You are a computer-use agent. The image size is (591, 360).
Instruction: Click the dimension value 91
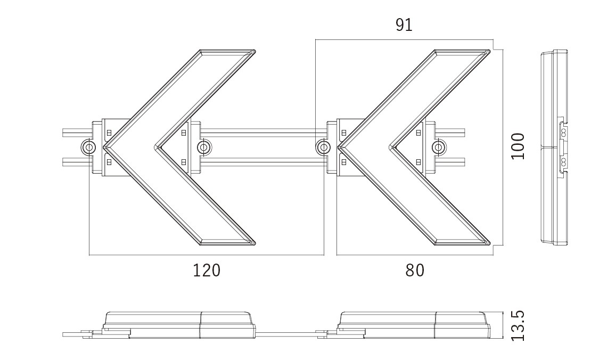pyautogui.click(x=404, y=25)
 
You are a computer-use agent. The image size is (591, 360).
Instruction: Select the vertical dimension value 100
pyautogui.click(x=518, y=146)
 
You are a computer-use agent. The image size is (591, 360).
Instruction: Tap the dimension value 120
pyautogui.click(x=206, y=271)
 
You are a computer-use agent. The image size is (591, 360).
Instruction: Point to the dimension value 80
pyautogui.click(x=415, y=271)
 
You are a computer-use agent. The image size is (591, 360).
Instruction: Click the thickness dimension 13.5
pyautogui.click(x=518, y=326)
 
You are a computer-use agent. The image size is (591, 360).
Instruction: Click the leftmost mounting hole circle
pyautogui.click(x=88, y=147)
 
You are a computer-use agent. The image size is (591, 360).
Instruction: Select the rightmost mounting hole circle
pyautogui.click(x=438, y=147)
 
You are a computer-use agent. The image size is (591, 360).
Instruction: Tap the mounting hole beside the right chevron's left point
pyautogui.click(x=323, y=147)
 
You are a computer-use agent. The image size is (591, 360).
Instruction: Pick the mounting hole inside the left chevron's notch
pyautogui.click(x=204, y=147)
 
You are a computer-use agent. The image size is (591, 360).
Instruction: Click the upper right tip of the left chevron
pyautogui.click(x=255, y=51)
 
